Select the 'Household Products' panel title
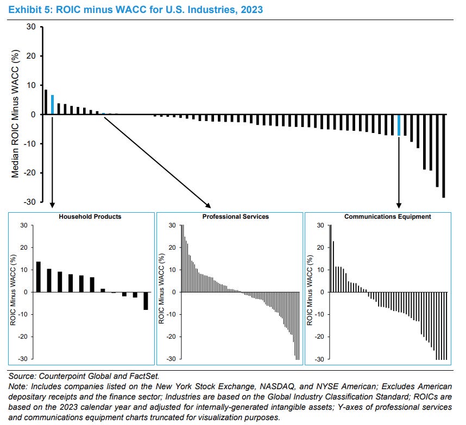click(x=90, y=217)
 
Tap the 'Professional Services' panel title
click(x=235, y=217)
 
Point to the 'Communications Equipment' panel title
click(x=387, y=217)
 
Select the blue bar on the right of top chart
click(x=399, y=125)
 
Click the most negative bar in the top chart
click(x=444, y=156)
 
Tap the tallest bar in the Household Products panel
click(x=39, y=277)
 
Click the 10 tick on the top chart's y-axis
click(x=31, y=85)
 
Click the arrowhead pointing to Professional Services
click(x=209, y=205)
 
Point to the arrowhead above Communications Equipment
click(x=399, y=205)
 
